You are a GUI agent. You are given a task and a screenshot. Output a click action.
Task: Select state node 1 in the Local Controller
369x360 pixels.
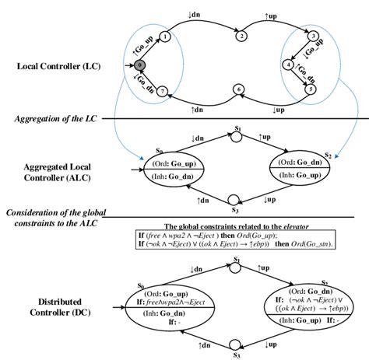tap(167, 37)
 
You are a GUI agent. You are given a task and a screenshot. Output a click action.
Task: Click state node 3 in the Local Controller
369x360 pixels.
tap(312, 37)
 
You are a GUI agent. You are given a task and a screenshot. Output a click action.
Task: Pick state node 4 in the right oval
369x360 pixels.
tap(288, 66)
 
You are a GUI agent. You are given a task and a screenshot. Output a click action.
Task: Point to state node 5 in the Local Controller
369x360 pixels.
tap(312, 89)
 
